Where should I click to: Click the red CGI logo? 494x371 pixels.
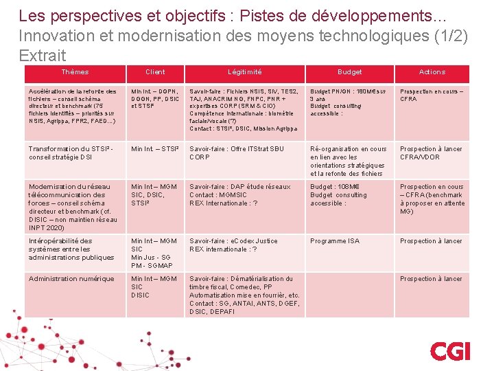pos(450,350)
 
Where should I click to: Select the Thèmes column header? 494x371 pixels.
pos(75,72)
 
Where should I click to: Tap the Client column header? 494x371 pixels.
pos(155,72)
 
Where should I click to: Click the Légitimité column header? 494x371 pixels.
pos(244,72)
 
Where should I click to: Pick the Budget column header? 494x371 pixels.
pos(349,72)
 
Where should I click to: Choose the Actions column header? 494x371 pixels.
pos(432,72)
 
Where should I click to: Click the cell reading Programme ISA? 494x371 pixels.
pos(335,241)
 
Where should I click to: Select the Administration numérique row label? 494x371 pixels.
pos(71,279)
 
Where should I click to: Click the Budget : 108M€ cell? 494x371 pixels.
pos(339,194)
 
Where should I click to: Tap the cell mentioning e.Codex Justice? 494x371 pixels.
pos(233,245)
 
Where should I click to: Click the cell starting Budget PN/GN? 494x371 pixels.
pos(349,103)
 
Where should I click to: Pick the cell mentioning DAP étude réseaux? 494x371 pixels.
pos(239,194)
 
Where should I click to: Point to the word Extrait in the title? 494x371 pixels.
pos(43,56)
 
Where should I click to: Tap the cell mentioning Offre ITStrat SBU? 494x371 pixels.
pos(236,153)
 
